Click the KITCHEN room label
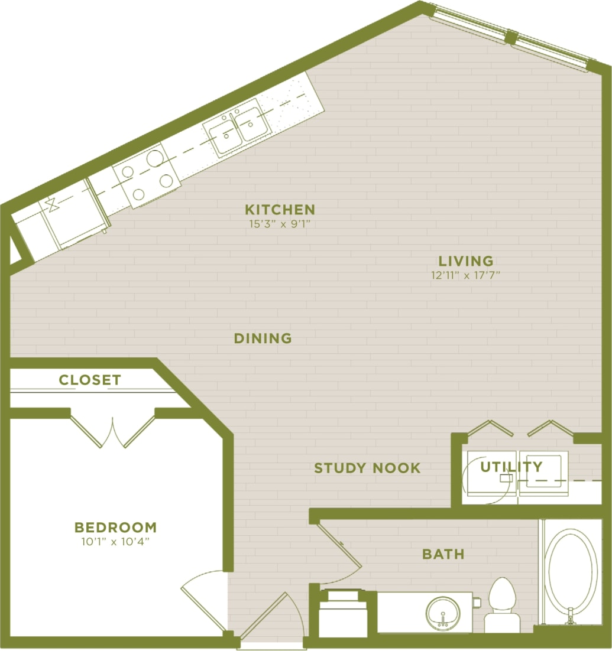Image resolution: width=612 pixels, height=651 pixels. click(x=280, y=209)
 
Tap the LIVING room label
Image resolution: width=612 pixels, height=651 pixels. click(x=465, y=261)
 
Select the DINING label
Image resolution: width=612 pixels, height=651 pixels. click(x=263, y=338)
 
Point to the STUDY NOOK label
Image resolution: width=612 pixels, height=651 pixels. click(x=367, y=468)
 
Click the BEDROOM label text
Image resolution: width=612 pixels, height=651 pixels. click(x=115, y=527)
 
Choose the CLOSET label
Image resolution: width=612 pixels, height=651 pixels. click(x=90, y=380)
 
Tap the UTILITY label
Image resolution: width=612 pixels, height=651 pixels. click(x=511, y=467)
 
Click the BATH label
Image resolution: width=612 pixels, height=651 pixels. click(x=443, y=554)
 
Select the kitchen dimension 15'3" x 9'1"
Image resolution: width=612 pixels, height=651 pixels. click(x=280, y=224)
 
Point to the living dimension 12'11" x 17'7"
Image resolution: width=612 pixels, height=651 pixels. click(x=466, y=275)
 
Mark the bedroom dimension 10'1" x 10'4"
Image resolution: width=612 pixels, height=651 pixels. click(x=115, y=541)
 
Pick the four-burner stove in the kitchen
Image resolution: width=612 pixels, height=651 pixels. click(x=146, y=174)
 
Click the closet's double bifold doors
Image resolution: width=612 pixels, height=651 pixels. click(x=112, y=429)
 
